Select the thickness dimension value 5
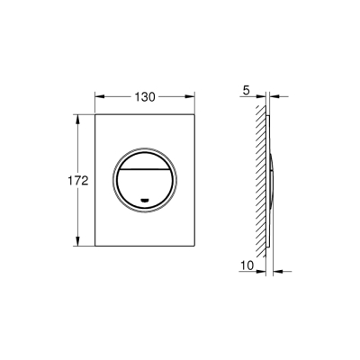coord(245,89)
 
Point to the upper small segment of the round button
coord(146,157)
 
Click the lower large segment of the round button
coord(146,184)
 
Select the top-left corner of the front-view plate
coord(94,114)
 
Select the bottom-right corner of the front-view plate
coord(197,247)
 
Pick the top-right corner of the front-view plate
coord(197,114)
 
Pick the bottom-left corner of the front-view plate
coord(94,247)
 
